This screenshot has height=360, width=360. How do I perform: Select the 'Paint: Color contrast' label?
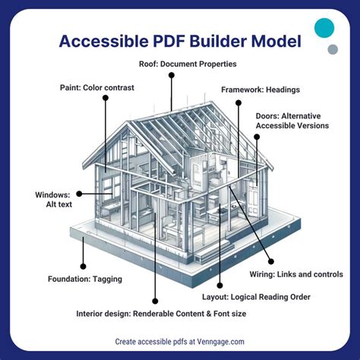coord(96,87)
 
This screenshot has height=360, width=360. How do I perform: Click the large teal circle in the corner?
coord(324,29)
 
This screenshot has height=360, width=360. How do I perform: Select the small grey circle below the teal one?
coord(332,50)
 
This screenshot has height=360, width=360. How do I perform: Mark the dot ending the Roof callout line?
coord(171,74)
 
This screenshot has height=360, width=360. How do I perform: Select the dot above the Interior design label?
coord(156,298)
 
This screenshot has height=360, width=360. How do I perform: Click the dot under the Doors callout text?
coord(257,137)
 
